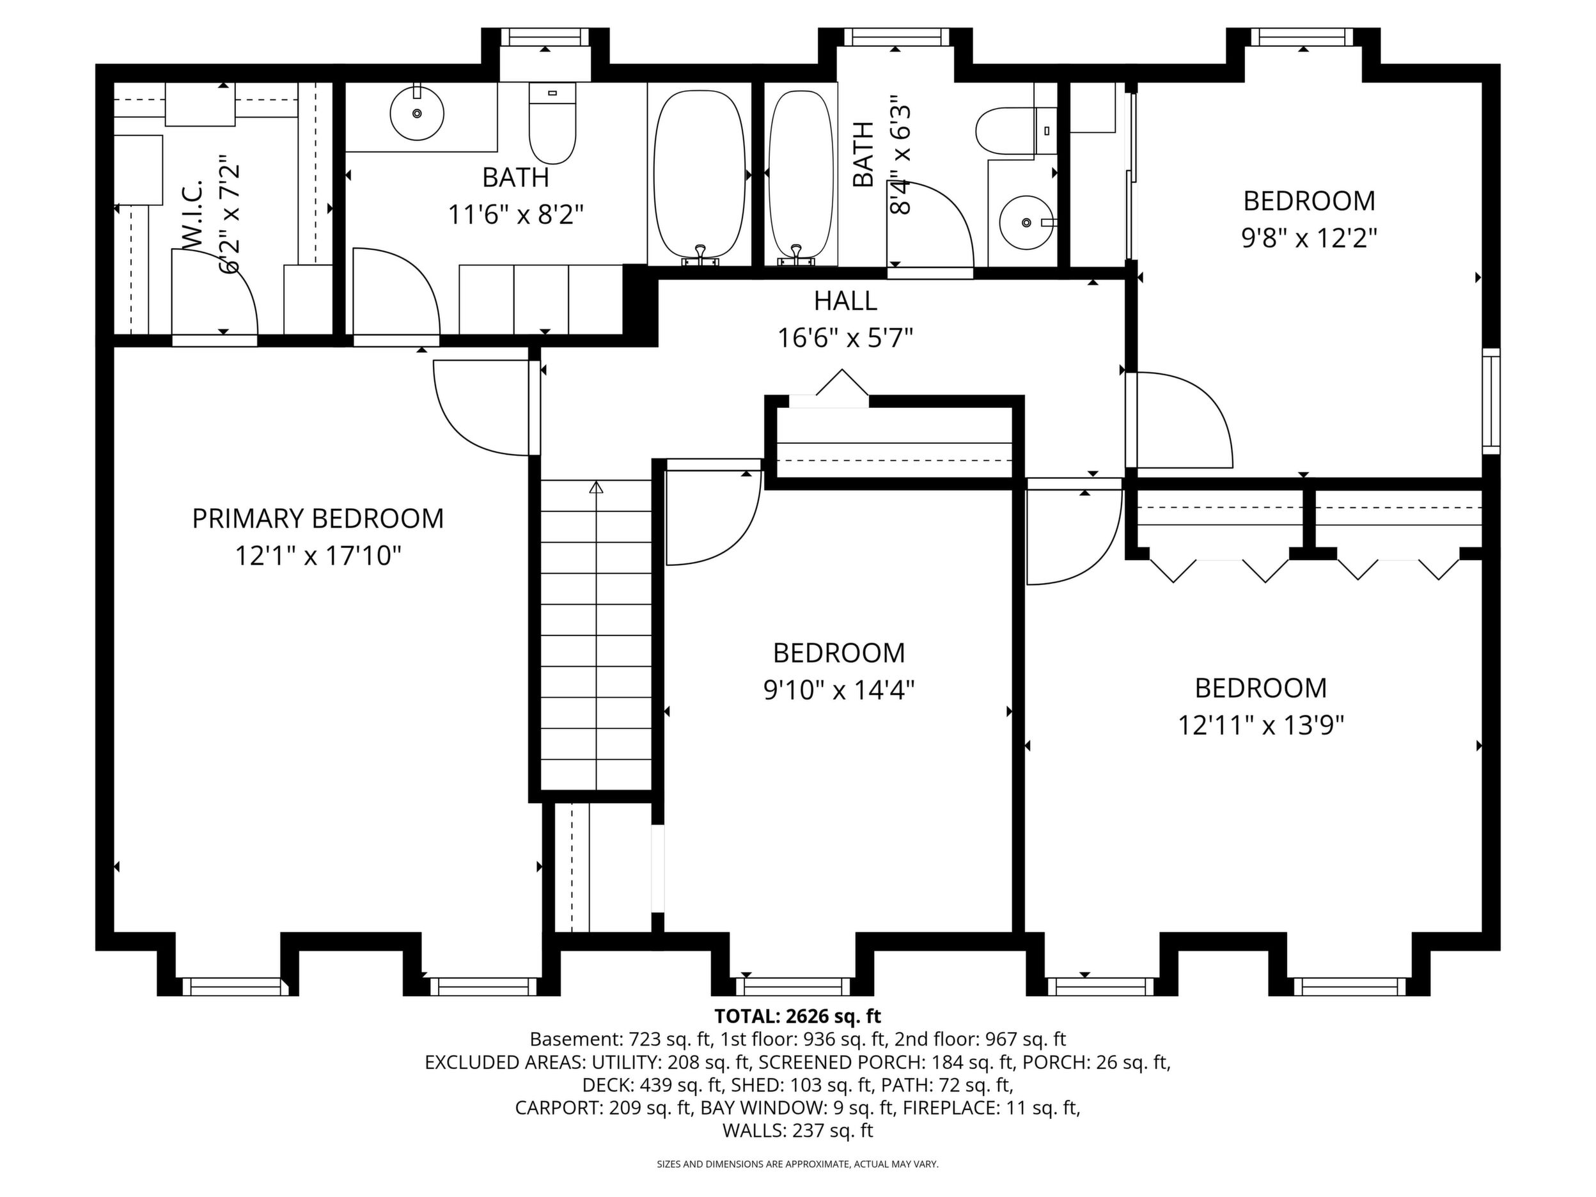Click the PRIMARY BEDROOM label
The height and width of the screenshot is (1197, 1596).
pos(317,519)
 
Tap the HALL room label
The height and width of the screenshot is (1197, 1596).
pos(845,301)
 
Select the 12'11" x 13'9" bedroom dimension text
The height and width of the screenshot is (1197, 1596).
pos(1260,725)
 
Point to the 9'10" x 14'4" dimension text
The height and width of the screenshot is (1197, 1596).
pos(838,691)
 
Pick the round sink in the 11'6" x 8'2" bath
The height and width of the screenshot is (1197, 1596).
pos(417,113)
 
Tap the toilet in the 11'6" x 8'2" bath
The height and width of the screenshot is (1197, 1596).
pos(552,123)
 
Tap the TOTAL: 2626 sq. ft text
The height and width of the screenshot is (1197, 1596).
pos(797,1016)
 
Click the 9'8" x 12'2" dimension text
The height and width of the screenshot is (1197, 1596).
pos(1309,238)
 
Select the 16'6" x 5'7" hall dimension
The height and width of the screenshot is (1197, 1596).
pos(845,338)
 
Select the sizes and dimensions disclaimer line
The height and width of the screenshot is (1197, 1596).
pos(797,1164)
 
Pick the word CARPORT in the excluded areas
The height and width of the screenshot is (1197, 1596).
pos(556,1107)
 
